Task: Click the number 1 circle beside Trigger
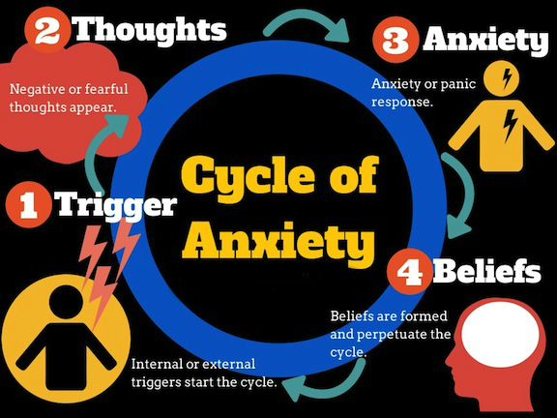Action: tap(28, 205)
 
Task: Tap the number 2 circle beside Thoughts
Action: tap(46, 30)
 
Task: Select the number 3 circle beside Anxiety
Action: tap(395, 41)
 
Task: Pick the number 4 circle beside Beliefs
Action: tap(409, 272)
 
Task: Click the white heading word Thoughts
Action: tap(151, 31)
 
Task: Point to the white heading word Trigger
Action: tap(116, 205)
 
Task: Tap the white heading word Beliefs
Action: tap(487, 272)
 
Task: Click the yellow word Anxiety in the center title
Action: tap(278, 243)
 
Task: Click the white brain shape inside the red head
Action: tap(502, 335)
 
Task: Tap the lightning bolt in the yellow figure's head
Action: tap(508, 78)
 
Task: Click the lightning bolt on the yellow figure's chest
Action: tap(510, 125)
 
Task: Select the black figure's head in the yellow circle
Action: tap(67, 303)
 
